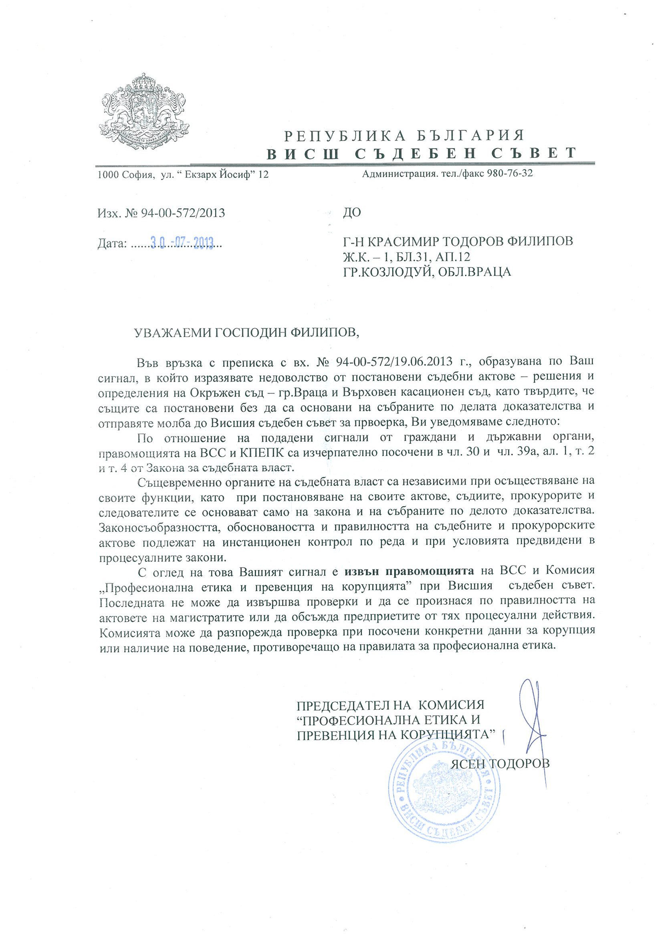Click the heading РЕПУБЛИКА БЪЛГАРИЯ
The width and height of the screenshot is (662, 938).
[404, 135]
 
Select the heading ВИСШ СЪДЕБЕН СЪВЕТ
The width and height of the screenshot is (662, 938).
[422, 153]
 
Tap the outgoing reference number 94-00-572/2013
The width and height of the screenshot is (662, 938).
[183, 213]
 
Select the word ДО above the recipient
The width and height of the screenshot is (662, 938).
[352, 212]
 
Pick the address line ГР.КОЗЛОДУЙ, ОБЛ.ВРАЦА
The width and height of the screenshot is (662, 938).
[427, 272]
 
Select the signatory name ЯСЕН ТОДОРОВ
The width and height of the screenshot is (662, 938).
[500, 763]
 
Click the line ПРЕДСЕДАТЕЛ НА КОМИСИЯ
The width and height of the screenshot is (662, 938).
[390, 705]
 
